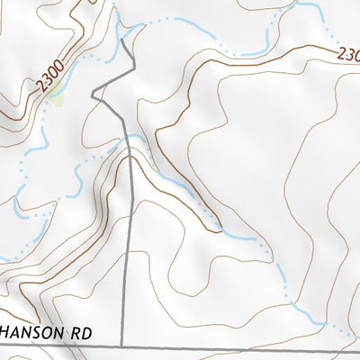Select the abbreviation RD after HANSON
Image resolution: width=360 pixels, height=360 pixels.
click(x=81, y=332)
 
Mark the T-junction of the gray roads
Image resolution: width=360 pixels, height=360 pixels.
click(x=121, y=346)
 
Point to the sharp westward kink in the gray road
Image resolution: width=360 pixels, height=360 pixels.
click(x=94, y=93)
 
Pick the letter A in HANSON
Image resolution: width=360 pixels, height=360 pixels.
click(x=16, y=332)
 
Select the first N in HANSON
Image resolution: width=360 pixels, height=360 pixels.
click(x=27, y=332)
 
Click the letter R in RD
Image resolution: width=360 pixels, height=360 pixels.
click(x=76, y=332)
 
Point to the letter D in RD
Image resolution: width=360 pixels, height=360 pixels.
click(x=86, y=332)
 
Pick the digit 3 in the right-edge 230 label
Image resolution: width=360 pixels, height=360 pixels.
click(x=348, y=54)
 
